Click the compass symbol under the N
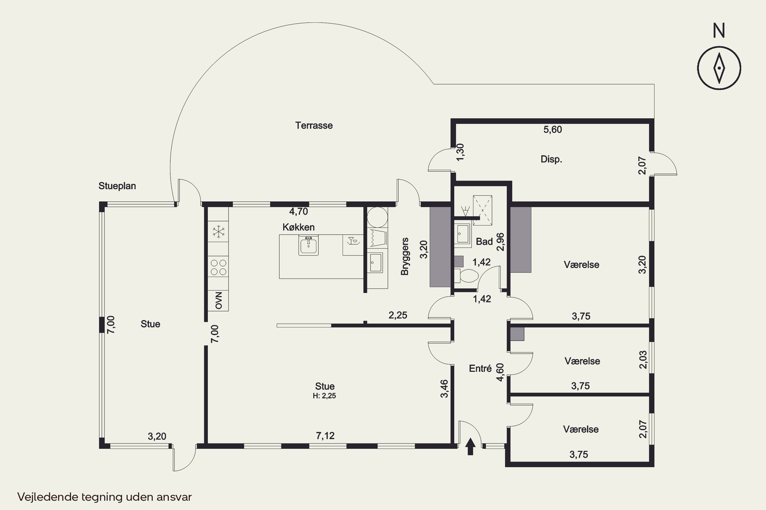click(x=719, y=68)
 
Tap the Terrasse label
click(x=314, y=125)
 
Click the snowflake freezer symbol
click(x=219, y=232)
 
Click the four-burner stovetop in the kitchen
click(x=219, y=267)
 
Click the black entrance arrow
click(x=470, y=446)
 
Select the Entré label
click(x=480, y=368)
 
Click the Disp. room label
click(x=551, y=159)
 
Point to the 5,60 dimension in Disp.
click(x=553, y=130)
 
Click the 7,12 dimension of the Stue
click(x=325, y=436)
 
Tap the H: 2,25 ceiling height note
click(x=324, y=396)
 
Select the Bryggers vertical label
click(x=404, y=257)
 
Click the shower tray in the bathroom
click(x=482, y=210)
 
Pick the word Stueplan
click(x=117, y=186)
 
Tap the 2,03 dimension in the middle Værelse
click(x=643, y=359)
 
